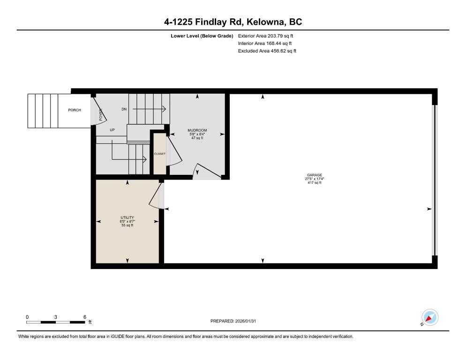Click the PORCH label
[x=74, y=110]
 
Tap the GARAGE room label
[x=315, y=175]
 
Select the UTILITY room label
[x=127, y=217]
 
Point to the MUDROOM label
[x=197, y=130]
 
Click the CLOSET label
[x=159, y=154]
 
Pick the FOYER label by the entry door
[x=101, y=114]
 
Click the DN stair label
[x=124, y=109]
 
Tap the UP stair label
[x=112, y=130]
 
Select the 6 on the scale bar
[x=85, y=317]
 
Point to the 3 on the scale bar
[x=56, y=317]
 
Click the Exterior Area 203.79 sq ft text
[x=265, y=36]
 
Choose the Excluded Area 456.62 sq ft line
[x=267, y=51]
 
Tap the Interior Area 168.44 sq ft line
[x=265, y=44]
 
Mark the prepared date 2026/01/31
[x=246, y=321]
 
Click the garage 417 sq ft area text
[x=315, y=182]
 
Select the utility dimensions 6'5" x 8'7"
[x=127, y=221]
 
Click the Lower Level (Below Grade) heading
[x=202, y=36]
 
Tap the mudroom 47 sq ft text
[x=197, y=138]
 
